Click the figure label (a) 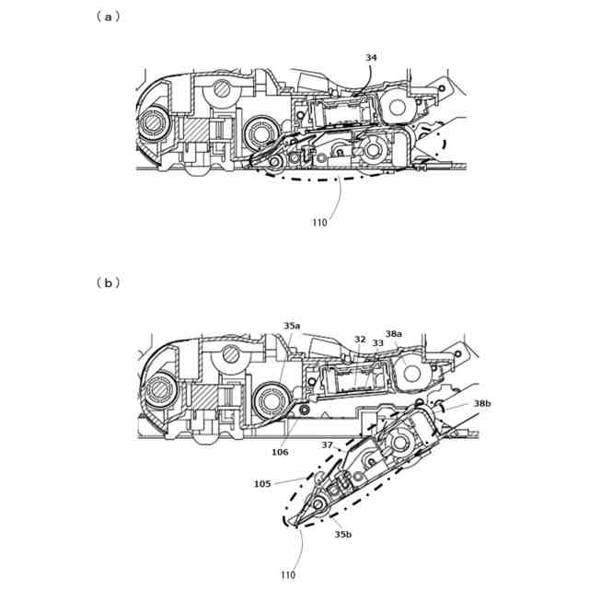tap(108, 16)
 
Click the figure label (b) tap(108, 283)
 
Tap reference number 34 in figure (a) tap(371, 58)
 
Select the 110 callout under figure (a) tap(318, 222)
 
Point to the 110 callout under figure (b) tap(289, 575)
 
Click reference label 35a tap(292, 326)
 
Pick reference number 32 tap(360, 339)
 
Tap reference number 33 tap(377, 342)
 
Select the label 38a tap(394, 333)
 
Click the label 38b tap(482, 403)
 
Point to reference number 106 tap(280, 452)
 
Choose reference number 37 tap(326, 445)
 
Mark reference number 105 tap(262, 483)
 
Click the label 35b tap(342, 533)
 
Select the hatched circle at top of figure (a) tap(222, 89)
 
